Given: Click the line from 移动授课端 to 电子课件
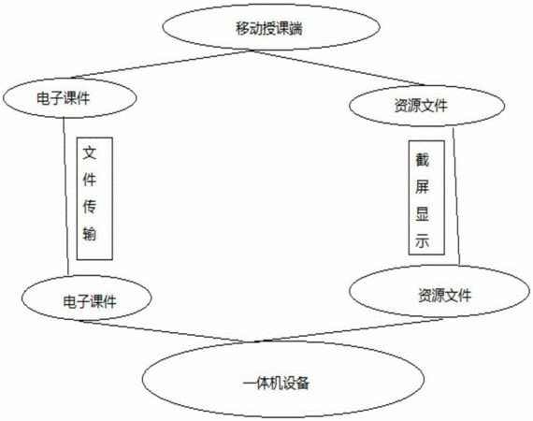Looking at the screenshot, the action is pos(163,65).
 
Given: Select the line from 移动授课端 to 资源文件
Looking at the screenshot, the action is pos(338,67).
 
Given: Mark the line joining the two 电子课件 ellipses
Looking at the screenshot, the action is pos(66,196).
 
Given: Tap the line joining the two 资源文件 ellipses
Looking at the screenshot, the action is pos(456,196).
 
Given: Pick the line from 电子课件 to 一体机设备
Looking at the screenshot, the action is pos(166,331).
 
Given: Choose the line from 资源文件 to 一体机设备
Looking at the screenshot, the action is pos(349,330).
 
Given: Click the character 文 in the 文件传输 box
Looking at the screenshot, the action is pos(90,152).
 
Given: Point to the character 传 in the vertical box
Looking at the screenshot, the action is pos(90,207).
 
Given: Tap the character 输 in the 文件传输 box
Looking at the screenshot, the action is pos(90,233).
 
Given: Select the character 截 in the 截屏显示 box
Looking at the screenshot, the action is pos(422,160).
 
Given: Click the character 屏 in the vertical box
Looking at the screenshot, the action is pos(422,187).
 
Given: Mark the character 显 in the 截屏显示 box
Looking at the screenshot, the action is pos(422,214).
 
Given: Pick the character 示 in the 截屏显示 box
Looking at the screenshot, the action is pos(422,240).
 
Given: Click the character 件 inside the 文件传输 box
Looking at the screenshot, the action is pos(90,180).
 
